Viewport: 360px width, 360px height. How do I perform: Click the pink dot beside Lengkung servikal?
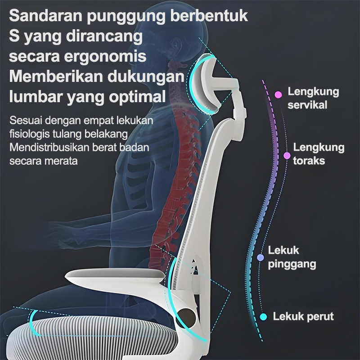(278, 94)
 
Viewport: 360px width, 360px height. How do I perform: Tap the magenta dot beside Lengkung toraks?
(287, 156)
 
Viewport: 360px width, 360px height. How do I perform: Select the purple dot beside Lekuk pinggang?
(260, 257)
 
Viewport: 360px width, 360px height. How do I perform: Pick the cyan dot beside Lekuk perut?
(264, 316)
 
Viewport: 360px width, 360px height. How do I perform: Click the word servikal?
(307, 105)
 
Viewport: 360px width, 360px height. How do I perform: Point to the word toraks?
(309, 160)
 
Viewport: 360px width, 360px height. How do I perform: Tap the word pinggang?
(292, 264)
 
